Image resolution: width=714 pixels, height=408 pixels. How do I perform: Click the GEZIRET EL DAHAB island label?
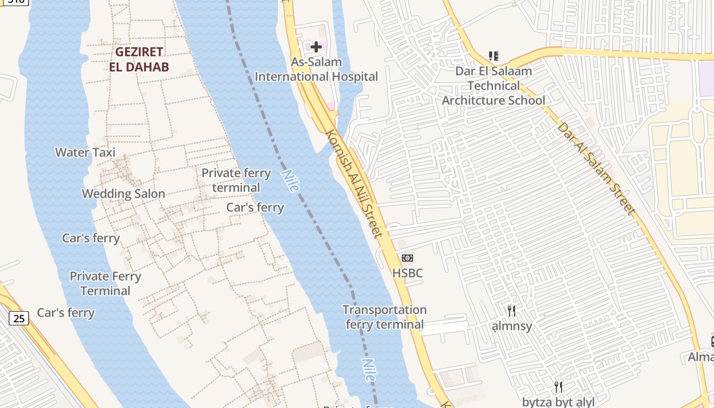point(139,59)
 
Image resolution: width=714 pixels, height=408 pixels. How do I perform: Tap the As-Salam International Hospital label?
point(316,70)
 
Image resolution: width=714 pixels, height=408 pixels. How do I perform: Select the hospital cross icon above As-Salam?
point(316,47)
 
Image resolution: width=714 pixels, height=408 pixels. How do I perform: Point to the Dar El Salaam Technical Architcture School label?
point(493,86)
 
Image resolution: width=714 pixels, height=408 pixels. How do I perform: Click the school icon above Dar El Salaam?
point(493,56)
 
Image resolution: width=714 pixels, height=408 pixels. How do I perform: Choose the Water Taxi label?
point(85,152)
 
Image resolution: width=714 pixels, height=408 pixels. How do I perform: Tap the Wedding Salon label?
point(123,194)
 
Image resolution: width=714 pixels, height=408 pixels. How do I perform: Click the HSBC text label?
point(407,273)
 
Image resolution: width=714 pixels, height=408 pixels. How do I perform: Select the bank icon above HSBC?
point(407,258)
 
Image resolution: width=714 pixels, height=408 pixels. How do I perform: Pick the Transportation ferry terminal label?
point(385,317)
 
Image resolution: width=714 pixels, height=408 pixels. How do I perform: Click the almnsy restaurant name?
point(512,326)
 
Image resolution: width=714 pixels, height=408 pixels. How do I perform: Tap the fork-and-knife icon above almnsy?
point(512,311)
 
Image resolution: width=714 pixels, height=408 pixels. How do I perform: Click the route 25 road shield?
point(19,319)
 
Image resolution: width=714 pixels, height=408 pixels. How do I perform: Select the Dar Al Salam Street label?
point(596,168)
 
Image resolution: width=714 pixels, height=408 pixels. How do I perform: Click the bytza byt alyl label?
point(558,402)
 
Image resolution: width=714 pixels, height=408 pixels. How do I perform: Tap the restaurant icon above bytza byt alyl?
point(558,387)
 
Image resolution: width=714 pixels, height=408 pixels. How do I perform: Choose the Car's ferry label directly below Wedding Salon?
point(91,238)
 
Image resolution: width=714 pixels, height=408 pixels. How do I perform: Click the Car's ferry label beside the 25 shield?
point(66,313)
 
